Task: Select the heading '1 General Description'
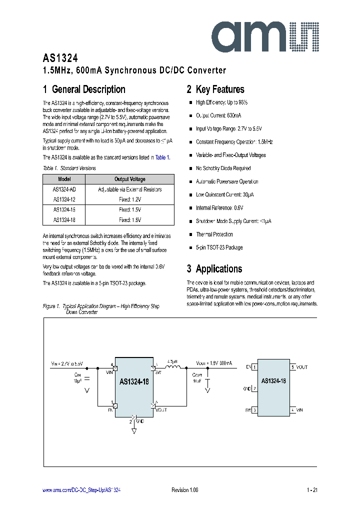pos(84,89)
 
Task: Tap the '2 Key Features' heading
pos(215,89)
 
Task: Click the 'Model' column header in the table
pos(64,179)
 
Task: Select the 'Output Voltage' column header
pos(130,179)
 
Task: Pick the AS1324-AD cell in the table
pos(64,189)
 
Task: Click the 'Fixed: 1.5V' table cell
pos(130,209)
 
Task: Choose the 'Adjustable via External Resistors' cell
pos(130,189)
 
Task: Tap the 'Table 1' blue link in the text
pos(162,157)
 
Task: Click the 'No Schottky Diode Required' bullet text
pos(223,168)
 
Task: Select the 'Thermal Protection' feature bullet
pos(214,234)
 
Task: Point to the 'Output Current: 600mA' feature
pos(218,115)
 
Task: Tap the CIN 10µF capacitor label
pos(77,377)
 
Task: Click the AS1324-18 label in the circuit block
pos(134,381)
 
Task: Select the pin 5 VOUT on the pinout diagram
pos(299,367)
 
